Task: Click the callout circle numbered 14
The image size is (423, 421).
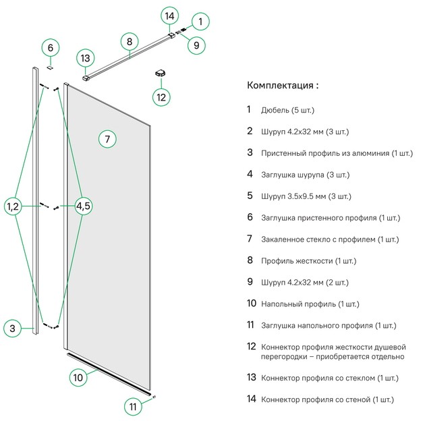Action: pyautogui.click(x=169, y=15)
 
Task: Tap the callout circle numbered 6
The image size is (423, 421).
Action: pyautogui.click(x=51, y=48)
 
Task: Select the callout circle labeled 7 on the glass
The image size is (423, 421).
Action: pyautogui.click(x=107, y=139)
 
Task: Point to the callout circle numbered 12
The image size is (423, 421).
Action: pyautogui.click(x=161, y=96)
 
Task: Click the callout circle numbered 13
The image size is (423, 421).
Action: pyautogui.click(x=85, y=58)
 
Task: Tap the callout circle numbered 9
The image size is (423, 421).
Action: pyautogui.click(x=196, y=45)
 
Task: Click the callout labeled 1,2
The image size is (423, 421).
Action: pyautogui.click(x=14, y=206)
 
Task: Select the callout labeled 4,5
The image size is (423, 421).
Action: pyautogui.click(x=83, y=206)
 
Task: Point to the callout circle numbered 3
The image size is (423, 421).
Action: pyautogui.click(x=12, y=329)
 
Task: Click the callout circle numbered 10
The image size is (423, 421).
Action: pyautogui.click(x=78, y=378)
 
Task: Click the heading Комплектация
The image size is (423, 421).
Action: pyautogui.click(x=283, y=86)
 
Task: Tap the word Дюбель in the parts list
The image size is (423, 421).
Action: pyautogui.click(x=276, y=109)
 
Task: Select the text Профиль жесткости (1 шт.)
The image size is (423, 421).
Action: pyautogui.click(x=308, y=260)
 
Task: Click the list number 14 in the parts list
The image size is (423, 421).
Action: pyautogui.click(x=251, y=399)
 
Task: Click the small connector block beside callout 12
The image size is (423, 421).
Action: pyautogui.click(x=161, y=72)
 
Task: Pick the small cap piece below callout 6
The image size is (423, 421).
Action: pyautogui.click(x=51, y=65)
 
